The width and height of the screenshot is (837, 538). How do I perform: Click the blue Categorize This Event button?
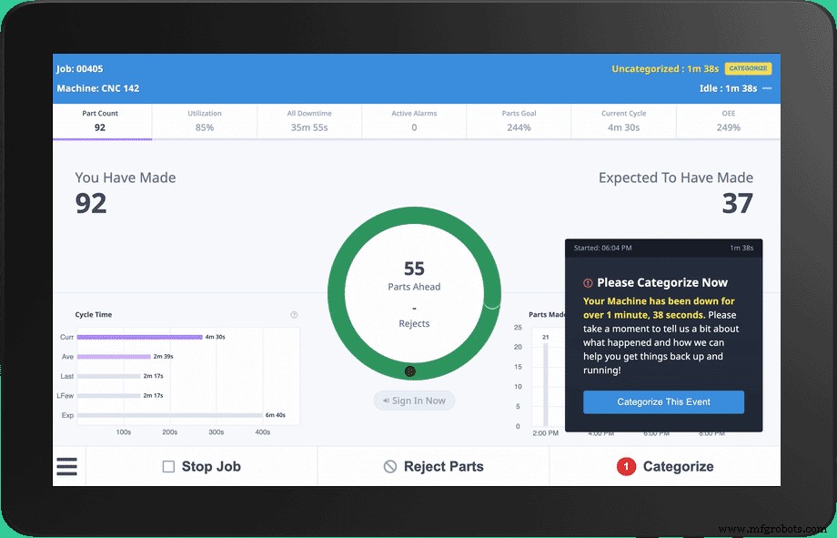click(663, 401)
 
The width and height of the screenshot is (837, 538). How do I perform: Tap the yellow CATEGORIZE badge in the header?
click(748, 68)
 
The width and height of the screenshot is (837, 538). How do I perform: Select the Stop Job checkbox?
click(168, 467)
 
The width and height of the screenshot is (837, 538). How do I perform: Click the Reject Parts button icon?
click(390, 467)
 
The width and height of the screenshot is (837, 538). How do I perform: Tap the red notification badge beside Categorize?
click(626, 467)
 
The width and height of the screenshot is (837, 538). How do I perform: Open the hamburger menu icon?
click(67, 466)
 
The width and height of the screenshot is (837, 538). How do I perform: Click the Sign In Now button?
click(414, 401)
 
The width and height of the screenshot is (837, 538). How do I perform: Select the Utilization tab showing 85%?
click(205, 121)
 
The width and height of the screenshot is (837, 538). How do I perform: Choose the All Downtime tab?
click(309, 121)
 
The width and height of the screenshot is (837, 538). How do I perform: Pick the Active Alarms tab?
click(414, 121)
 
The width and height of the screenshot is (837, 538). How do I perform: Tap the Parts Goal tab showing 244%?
click(519, 121)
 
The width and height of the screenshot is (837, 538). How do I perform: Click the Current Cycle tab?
click(623, 121)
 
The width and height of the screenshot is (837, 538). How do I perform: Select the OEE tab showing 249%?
click(728, 121)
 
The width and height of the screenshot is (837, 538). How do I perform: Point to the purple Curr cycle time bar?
click(139, 337)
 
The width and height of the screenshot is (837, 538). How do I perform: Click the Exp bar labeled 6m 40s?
click(170, 415)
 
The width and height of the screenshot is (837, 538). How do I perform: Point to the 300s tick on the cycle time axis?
click(217, 432)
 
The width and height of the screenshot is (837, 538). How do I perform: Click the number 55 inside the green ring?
click(414, 269)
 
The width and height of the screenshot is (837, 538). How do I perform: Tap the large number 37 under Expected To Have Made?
click(737, 203)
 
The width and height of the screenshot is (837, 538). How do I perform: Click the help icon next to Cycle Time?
click(294, 315)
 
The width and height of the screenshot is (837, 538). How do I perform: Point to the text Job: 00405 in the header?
click(79, 69)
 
